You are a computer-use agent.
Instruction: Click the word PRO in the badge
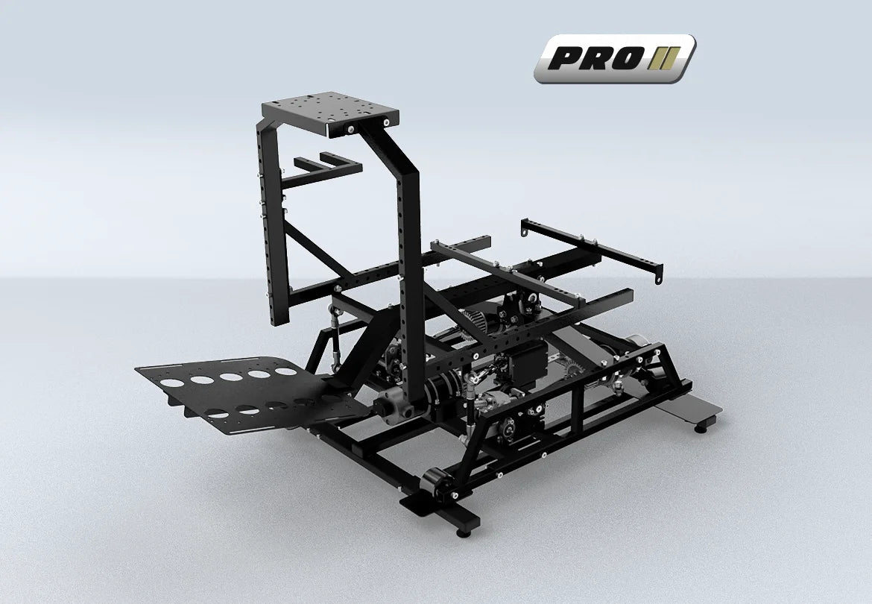[x=593, y=58]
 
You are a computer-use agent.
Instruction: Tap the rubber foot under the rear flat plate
[x=701, y=427]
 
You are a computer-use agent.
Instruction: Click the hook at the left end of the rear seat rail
[x=526, y=231]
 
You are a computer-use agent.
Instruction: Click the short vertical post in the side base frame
[x=576, y=409]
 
